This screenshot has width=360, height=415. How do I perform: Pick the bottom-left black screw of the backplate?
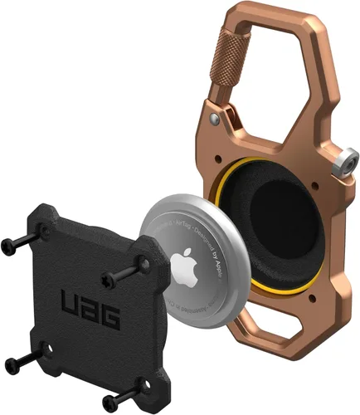17,359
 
